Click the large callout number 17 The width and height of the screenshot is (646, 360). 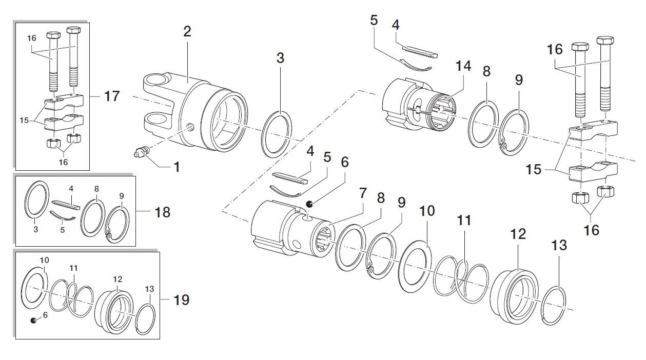coord(112,96)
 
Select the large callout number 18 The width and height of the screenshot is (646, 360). coord(162,212)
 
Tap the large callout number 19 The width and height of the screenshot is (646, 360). coord(182,300)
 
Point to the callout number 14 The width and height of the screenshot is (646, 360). coord(463,66)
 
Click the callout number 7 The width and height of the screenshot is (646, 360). coord(363,193)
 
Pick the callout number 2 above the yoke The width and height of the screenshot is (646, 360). coord(187,31)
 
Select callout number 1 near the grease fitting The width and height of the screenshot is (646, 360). coord(177,167)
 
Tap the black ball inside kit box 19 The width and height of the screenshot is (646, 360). coord(33,320)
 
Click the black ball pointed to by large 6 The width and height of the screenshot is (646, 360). coord(309,204)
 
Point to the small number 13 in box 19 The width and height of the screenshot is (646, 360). coord(149,289)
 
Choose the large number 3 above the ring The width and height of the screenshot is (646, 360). coord(280,58)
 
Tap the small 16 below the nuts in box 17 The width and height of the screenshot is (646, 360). coord(63,162)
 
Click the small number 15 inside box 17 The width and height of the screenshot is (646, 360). coord(24,120)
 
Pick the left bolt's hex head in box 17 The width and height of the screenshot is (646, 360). coord(53,36)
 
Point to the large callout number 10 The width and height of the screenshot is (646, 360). coord(427,211)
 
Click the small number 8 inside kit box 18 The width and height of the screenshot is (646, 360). coord(96,189)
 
